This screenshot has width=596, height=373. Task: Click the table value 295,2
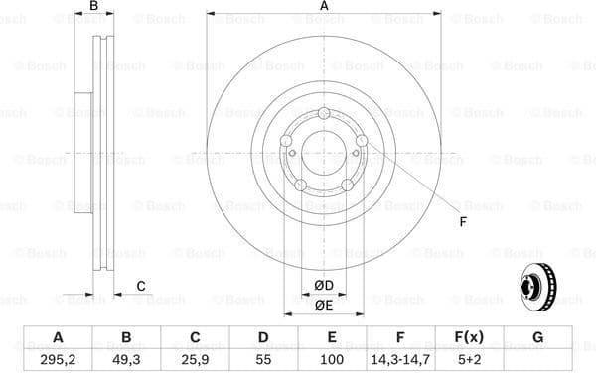tap(57, 359)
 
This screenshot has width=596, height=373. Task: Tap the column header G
tap(537, 338)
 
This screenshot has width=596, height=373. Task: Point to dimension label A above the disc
tap(324, 7)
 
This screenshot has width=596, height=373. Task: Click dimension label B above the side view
tap(93, 7)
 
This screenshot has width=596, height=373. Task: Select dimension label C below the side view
tap(141, 286)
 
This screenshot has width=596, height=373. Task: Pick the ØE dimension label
tap(324, 305)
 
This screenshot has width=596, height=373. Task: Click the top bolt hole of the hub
tap(324, 122)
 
